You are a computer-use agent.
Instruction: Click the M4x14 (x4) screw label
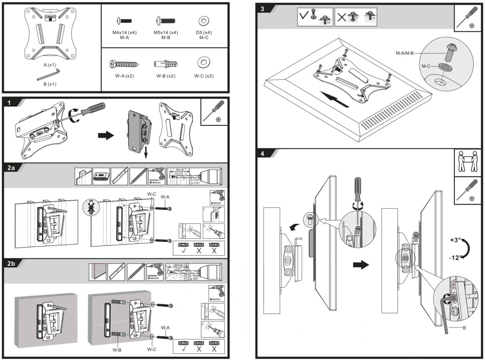click(124, 32)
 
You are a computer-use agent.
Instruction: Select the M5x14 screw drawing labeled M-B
click(166, 21)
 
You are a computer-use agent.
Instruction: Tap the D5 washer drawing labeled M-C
click(204, 21)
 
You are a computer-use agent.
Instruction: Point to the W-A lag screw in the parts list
click(125, 64)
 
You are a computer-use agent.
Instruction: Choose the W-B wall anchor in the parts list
click(165, 64)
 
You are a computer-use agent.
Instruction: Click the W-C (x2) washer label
click(204, 76)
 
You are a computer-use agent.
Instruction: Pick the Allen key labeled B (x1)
click(49, 75)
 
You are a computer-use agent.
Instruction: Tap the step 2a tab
click(11, 168)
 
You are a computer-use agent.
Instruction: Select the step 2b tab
click(11, 264)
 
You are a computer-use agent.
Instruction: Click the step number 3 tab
click(262, 9)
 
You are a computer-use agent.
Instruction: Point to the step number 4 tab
click(262, 154)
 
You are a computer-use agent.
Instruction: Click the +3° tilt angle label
click(455, 240)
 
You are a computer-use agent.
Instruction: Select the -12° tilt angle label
click(455, 258)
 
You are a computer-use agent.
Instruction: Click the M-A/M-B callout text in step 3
click(404, 53)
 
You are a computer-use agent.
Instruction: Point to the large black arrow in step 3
click(334, 99)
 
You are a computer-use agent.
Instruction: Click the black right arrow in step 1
click(106, 135)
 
